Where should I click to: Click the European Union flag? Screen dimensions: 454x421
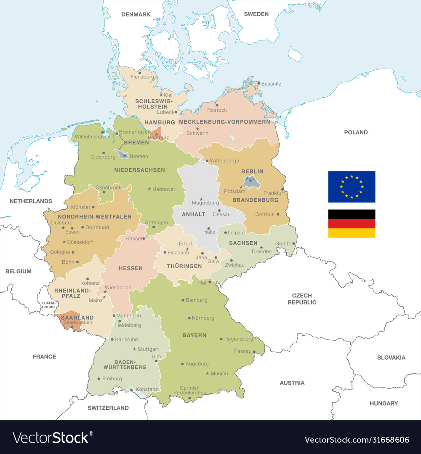pos(352,187)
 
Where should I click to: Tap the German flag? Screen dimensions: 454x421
pos(352,224)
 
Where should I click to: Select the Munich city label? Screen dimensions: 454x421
pos(219,374)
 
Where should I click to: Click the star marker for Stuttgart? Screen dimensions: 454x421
pos(134,349)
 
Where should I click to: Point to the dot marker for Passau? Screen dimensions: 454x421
pos(255,351)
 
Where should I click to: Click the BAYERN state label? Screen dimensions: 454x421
pos(194,335)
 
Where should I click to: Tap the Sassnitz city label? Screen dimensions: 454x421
pos(271,84)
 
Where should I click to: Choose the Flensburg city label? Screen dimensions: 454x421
pos(142,77)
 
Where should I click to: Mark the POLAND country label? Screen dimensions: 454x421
pos(356,132)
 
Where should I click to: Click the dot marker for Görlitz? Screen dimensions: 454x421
pos(293,243)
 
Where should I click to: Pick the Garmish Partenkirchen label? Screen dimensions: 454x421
pos(189,390)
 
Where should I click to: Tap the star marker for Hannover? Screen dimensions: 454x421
pos(149,189)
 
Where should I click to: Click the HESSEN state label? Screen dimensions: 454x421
pos(131,268)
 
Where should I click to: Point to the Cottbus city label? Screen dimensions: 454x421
pos(264,214)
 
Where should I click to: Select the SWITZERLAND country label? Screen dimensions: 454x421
pos(108,408)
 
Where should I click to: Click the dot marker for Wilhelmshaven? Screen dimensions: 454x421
pos(103,132)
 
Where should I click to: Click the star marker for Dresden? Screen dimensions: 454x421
pos(261,248)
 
